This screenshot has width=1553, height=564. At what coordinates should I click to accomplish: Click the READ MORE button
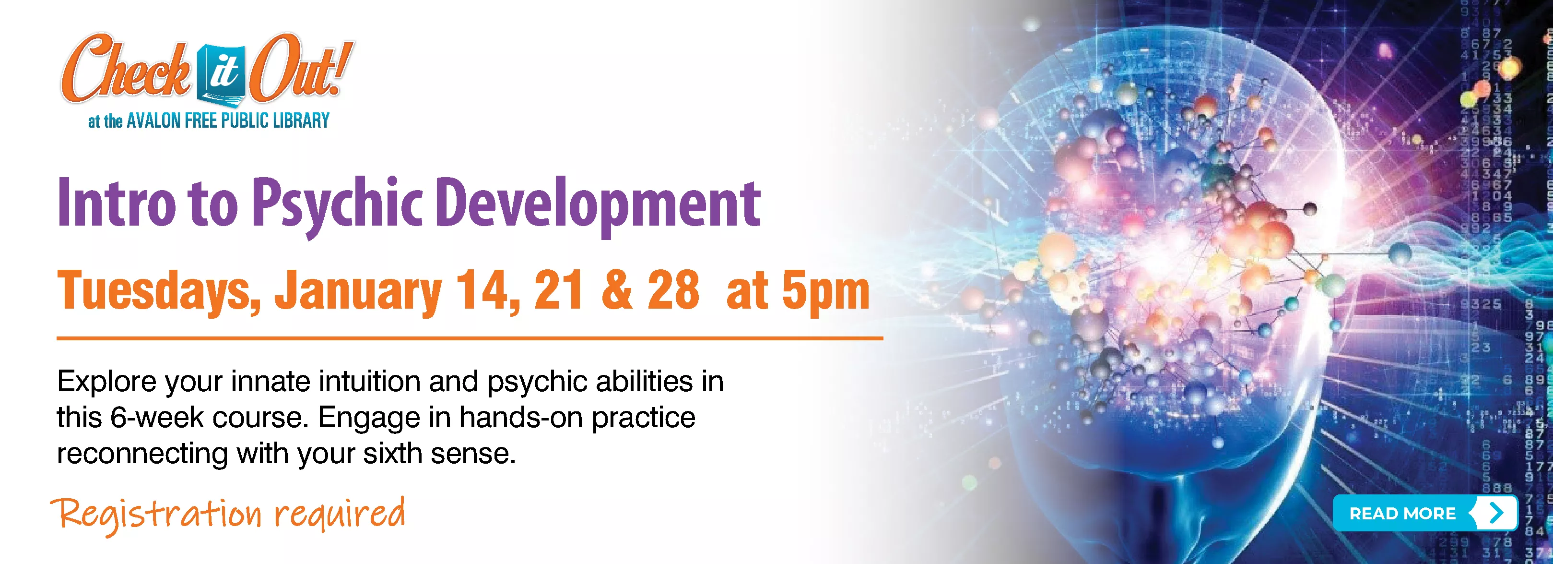(1424, 513)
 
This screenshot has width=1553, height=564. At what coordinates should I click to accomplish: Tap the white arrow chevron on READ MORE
(1496, 513)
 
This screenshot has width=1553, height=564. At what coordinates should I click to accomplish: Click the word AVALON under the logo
(154, 120)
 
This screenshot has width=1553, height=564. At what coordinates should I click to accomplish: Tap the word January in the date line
(359, 292)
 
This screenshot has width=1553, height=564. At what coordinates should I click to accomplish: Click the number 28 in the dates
(673, 289)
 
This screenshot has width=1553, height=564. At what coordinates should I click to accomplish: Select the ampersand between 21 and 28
(617, 289)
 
